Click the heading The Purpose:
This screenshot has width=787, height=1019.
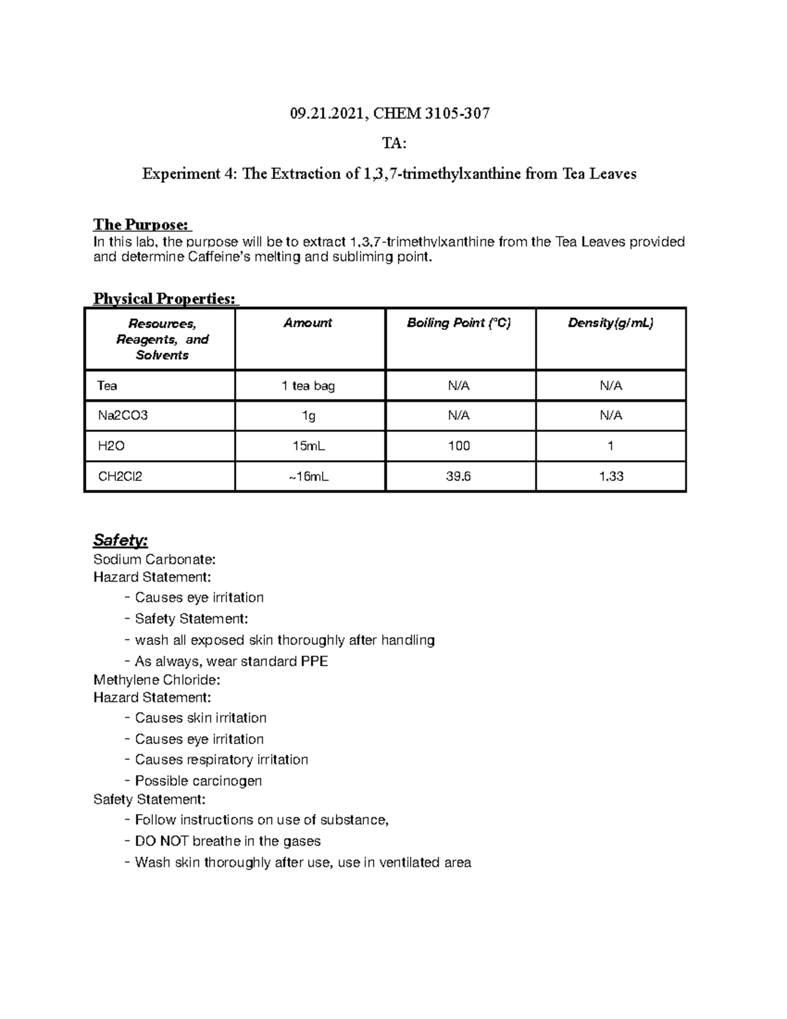[x=142, y=225]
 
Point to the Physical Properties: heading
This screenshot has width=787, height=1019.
[x=165, y=299]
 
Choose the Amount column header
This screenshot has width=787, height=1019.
[x=308, y=323]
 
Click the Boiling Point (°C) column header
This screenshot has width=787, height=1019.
[x=458, y=323]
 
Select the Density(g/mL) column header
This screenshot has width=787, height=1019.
[x=611, y=323]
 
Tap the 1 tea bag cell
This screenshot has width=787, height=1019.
[x=308, y=386]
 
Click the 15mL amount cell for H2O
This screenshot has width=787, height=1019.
[x=308, y=446]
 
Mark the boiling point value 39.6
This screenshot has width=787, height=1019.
[x=458, y=476]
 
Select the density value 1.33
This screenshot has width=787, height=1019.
[x=611, y=476]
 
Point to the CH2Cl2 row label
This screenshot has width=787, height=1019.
[x=120, y=476]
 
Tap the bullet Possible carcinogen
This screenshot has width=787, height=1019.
[x=198, y=781]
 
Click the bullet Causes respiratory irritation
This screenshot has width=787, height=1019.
[x=221, y=760]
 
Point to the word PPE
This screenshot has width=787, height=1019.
[x=313, y=661]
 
